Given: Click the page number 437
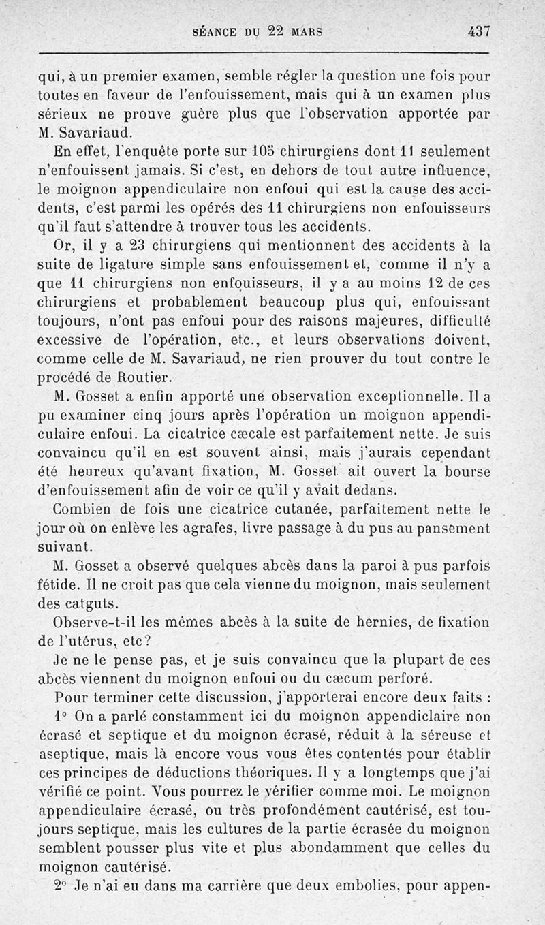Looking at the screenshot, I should (x=479, y=31).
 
